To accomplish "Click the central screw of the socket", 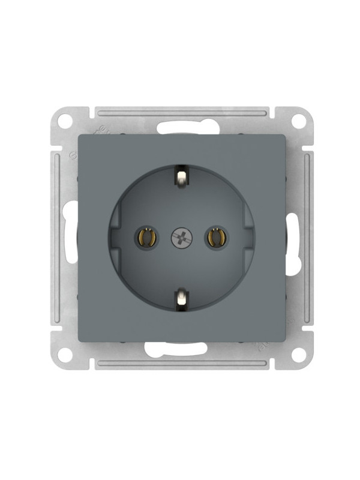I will pos(181,238).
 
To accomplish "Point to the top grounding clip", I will pos(181,176).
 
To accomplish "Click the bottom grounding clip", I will pos(181,298).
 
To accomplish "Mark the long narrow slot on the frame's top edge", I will pos(182,112).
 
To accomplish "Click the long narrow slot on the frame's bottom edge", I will pos(182,364).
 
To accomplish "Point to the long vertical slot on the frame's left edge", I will pos(56,238).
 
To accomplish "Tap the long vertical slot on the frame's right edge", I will pos(307,238).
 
